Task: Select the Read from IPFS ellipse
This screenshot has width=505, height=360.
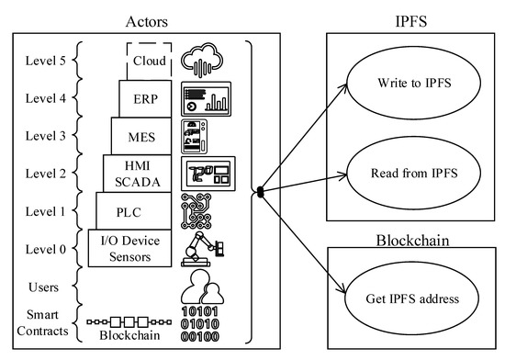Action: (x=405, y=173)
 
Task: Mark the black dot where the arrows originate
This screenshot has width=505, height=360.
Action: (x=261, y=192)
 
